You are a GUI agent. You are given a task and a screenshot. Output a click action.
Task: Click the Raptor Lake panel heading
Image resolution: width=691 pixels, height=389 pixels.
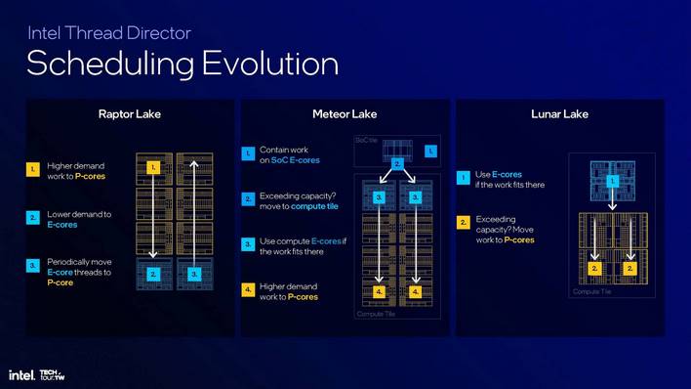coord(129,114)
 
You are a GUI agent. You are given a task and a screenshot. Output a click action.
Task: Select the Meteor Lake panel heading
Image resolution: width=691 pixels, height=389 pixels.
coord(345,114)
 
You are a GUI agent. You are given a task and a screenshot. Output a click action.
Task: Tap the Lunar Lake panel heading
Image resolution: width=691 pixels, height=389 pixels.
coord(559,114)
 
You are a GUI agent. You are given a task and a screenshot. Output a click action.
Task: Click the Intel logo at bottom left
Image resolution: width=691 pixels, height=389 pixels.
coord(21,374)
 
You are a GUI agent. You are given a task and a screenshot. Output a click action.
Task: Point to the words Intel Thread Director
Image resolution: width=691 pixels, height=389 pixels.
coord(108,33)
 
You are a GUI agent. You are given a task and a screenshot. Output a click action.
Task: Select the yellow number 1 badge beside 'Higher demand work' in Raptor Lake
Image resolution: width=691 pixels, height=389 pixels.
coord(33,170)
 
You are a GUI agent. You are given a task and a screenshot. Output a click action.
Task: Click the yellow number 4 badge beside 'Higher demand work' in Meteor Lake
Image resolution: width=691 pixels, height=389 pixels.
coord(248,290)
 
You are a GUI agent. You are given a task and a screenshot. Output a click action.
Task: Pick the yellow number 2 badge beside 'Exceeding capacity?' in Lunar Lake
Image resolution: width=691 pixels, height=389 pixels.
coord(464,223)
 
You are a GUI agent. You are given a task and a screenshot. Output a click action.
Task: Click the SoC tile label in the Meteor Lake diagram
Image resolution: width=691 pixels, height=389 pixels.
coord(365,140)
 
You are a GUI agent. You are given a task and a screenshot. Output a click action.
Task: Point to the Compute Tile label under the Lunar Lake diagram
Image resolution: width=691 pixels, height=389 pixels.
coord(592,291)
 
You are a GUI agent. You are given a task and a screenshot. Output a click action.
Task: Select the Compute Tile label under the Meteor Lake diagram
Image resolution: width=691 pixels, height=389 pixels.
coord(376,315)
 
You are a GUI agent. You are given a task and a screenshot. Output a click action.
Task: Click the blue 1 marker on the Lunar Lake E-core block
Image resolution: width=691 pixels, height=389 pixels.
coord(613,182)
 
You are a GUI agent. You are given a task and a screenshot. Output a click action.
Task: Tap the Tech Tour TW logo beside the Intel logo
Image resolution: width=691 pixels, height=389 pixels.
coord(53,374)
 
